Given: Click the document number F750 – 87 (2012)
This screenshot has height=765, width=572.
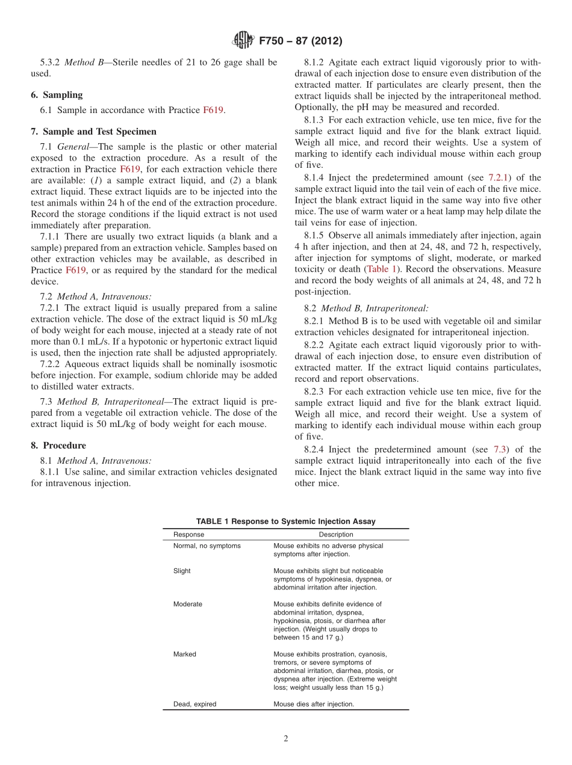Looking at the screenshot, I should (300, 41).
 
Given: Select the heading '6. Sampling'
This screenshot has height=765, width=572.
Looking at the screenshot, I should (57, 95).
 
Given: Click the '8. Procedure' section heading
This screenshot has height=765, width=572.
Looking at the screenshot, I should (58, 446).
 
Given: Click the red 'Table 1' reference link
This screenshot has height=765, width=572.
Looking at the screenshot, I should (382, 269).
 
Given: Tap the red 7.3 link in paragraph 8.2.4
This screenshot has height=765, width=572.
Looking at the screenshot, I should (500, 449).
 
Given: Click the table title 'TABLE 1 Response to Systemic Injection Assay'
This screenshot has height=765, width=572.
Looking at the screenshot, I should (285, 521).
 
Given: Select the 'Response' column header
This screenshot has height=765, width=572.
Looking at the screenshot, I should (188, 534).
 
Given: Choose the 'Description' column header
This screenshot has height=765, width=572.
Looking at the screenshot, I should (336, 534).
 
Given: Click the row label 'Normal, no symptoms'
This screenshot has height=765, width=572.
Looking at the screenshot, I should (207, 546).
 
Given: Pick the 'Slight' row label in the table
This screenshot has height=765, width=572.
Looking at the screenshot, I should (182, 571).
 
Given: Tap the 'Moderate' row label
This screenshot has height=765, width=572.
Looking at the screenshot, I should (188, 604).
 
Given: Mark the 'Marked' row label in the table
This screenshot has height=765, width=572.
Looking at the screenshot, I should (185, 654).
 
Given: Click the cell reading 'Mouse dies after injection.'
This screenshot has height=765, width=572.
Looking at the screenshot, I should (314, 704).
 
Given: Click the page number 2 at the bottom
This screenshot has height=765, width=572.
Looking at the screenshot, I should (286, 739).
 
